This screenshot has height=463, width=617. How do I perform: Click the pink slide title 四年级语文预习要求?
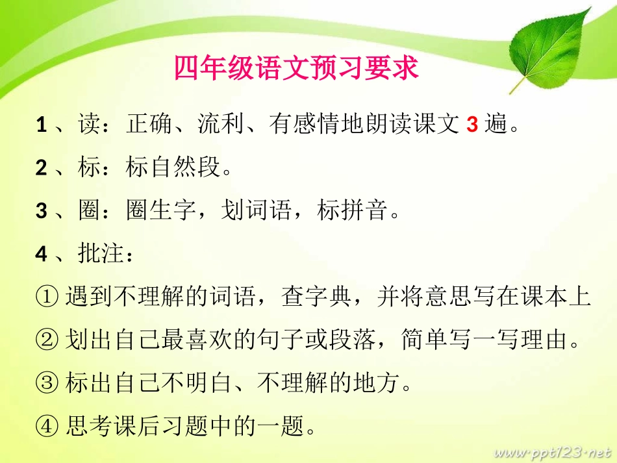click(296, 68)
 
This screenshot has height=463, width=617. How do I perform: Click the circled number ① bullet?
click(48, 297)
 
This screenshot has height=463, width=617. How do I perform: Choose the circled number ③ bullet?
click(48, 384)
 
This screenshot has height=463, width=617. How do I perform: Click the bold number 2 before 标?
click(42, 168)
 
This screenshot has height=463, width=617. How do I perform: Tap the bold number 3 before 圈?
click(42, 211)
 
